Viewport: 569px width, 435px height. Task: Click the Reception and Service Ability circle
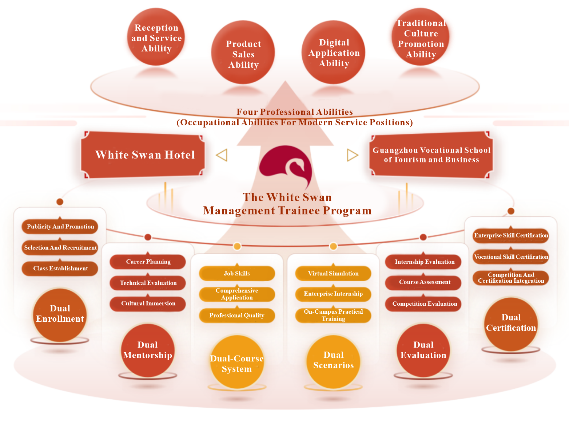point(156,37)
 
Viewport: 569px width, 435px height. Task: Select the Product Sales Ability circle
point(243,52)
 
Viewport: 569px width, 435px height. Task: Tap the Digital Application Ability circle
point(333,52)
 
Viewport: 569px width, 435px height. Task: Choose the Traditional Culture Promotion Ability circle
point(420,37)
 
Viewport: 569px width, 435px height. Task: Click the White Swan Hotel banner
point(143,155)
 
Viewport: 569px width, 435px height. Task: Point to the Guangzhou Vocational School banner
point(431,155)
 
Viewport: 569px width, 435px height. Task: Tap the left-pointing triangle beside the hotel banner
point(222,155)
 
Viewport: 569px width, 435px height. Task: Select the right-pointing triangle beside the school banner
point(353,155)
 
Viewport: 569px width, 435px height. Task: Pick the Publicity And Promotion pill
point(60,227)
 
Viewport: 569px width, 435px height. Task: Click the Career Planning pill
point(148,262)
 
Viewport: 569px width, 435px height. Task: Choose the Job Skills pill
point(237,273)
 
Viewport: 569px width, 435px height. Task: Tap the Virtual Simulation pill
point(333,273)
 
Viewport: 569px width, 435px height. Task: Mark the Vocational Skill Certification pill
point(511,257)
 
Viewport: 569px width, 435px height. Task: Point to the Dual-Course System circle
point(237,362)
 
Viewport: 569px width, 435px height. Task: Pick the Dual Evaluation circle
point(423,350)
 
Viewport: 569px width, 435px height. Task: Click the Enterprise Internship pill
point(333,294)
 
